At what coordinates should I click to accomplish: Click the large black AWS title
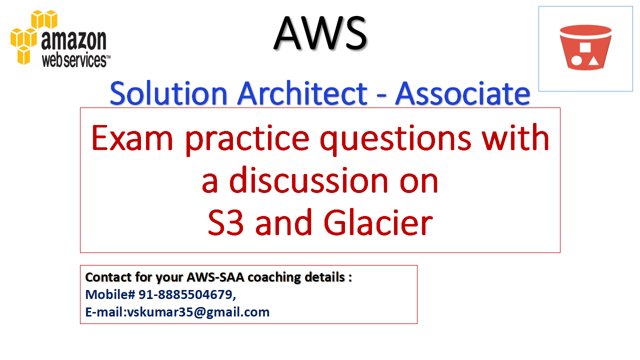tap(320, 32)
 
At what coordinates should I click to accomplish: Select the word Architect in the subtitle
tap(303, 93)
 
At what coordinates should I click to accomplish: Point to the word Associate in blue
tap(462, 93)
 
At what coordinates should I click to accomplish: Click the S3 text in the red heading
tap(226, 223)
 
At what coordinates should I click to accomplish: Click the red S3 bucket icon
tap(585, 48)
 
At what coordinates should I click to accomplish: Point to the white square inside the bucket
tap(585, 48)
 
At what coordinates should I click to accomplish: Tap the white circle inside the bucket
tap(576, 61)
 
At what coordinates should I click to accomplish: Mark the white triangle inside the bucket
tap(593, 61)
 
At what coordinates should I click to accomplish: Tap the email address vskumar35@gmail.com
tap(198, 312)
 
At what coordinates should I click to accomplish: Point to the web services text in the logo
tap(75, 60)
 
